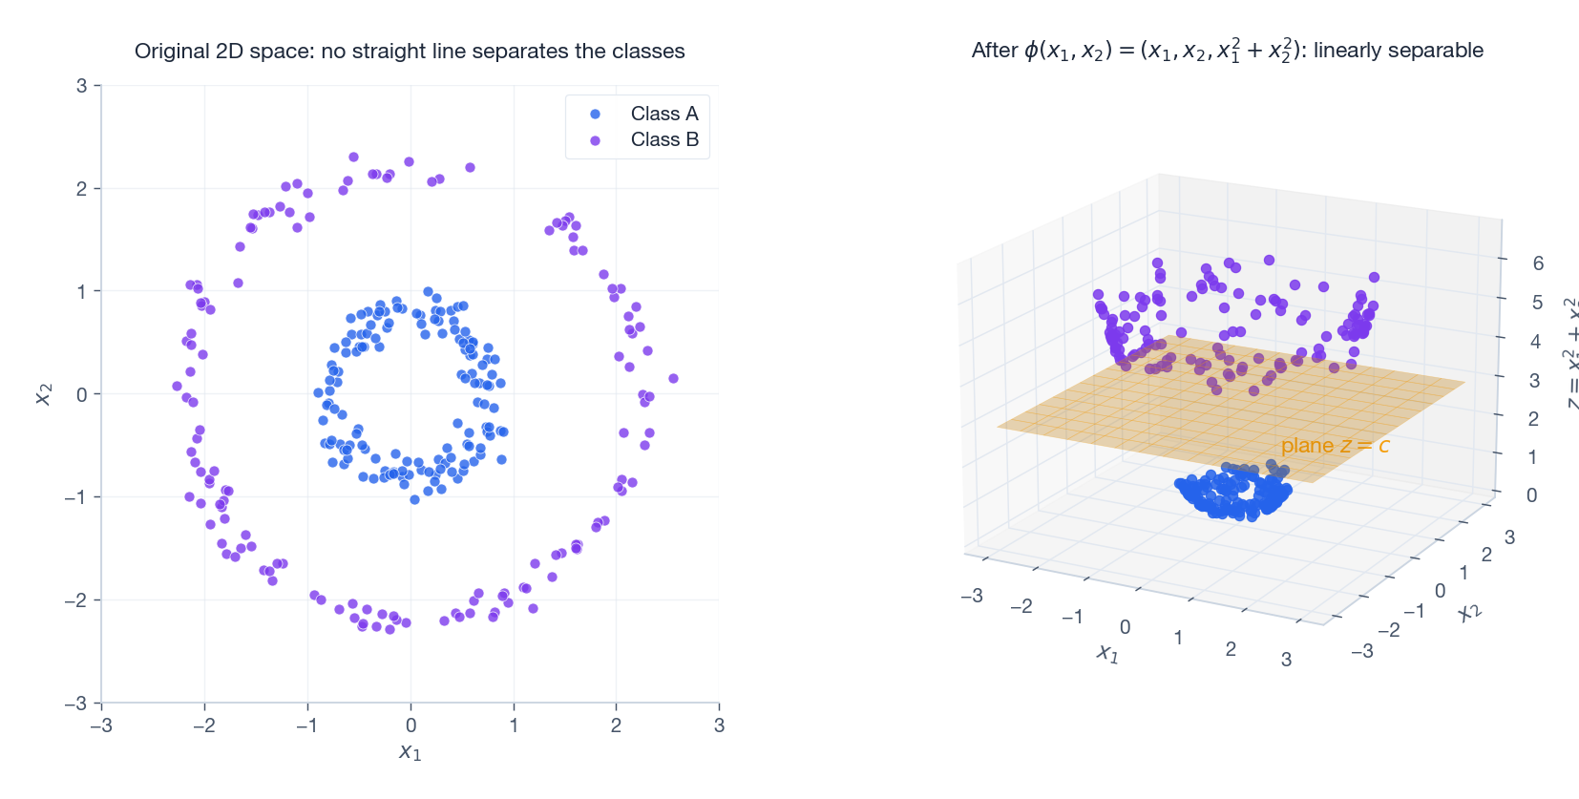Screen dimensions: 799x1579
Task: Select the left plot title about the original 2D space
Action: (410, 52)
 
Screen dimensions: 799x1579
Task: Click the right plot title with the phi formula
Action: (1227, 51)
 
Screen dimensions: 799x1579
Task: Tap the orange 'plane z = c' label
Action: (1334, 446)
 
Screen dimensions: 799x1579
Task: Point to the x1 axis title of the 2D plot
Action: (410, 752)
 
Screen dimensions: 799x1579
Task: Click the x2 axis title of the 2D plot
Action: (43, 394)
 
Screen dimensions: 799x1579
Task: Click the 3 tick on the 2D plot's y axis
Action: (82, 86)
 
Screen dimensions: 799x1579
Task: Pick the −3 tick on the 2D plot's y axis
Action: (76, 704)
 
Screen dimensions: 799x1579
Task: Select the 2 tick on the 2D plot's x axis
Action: (616, 725)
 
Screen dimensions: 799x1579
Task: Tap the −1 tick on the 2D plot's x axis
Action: (305, 725)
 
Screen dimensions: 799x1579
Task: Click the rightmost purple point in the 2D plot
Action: (673, 379)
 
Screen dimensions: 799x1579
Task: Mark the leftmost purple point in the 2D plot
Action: (177, 387)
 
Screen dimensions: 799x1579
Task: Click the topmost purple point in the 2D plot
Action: (353, 158)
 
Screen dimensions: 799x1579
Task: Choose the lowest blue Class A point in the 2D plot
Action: (414, 499)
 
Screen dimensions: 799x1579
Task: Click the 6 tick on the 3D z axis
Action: (1537, 263)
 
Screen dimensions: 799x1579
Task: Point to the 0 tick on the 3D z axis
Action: (1531, 495)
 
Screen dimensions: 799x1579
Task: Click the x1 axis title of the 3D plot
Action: (1106, 653)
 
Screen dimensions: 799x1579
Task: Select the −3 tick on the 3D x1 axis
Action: (972, 596)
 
